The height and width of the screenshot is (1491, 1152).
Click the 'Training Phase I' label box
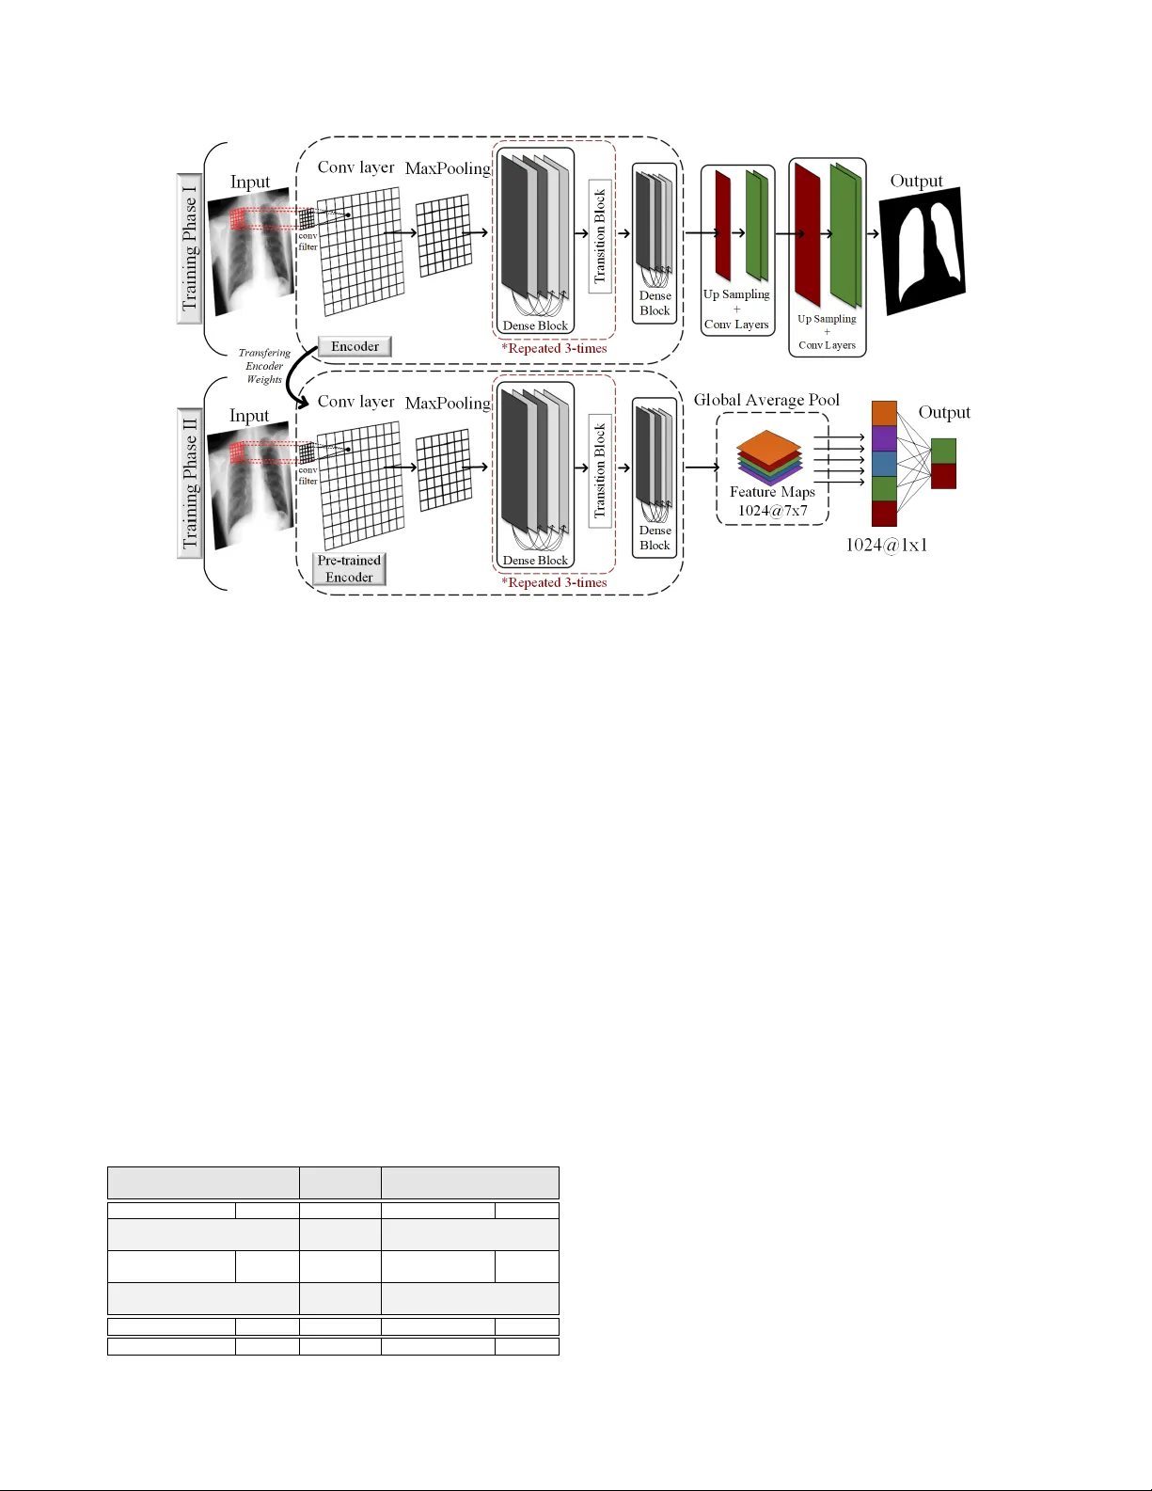(190, 248)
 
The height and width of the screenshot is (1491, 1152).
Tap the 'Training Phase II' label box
(190, 483)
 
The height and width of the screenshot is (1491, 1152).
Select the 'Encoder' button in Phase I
(355, 346)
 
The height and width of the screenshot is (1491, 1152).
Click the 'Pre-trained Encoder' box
(349, 569)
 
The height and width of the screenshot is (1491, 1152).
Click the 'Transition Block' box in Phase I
(600, 236)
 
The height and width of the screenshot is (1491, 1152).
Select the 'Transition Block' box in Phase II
(600, 470)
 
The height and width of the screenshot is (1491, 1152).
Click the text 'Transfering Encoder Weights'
(264, 366)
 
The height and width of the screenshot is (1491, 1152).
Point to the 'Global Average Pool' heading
(766, 400)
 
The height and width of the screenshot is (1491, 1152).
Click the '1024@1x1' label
(886, 545)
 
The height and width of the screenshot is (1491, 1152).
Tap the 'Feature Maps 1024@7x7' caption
(772, 501)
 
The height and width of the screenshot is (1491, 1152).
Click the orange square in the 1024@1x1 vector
(884, 414)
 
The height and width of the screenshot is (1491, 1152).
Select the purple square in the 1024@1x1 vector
(884, 438)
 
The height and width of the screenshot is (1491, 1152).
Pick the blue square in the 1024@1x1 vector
(884, 464)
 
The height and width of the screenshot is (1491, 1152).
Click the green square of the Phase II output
(943, 451)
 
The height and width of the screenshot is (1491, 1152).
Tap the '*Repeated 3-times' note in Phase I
(554, 348)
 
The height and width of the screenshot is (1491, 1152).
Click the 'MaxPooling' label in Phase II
(448, 403)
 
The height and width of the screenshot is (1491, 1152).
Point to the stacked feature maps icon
(769, 457)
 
